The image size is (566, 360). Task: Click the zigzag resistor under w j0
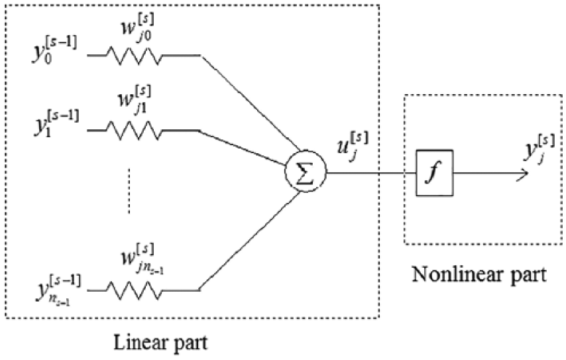click(x=136, y=56)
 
